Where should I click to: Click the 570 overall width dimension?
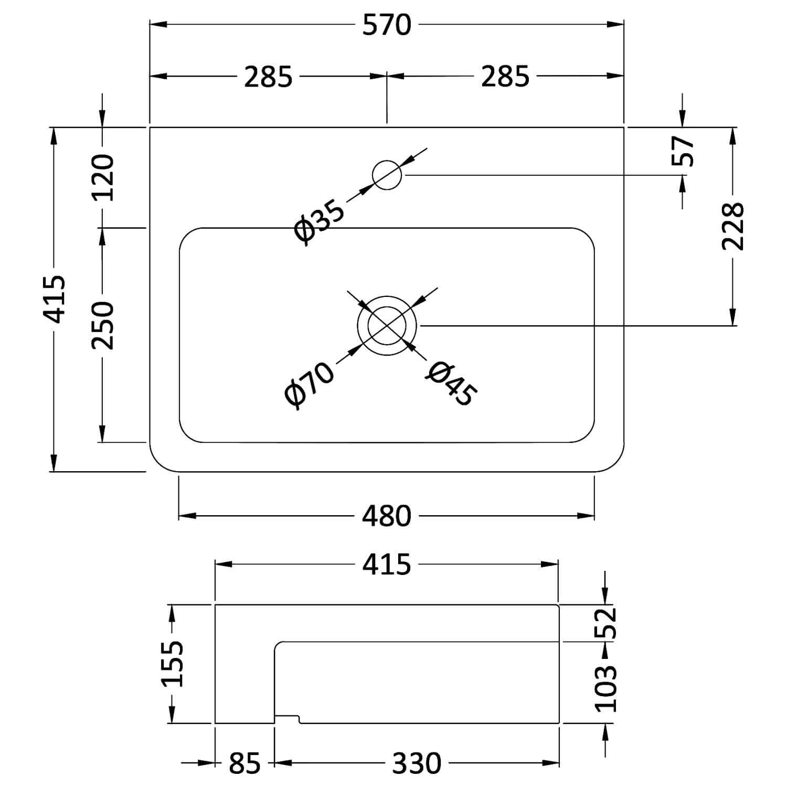(x=387, y=25)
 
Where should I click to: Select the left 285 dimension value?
(x=268, y=77)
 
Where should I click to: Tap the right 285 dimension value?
(x=505, y=77)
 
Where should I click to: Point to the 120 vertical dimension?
(x=103, y=177)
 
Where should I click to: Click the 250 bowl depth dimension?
(x=103, y=325)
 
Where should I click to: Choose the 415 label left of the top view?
(x=55, y=299)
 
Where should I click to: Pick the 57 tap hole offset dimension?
(x=683, y=151)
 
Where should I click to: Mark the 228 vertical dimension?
(x=733, y=226)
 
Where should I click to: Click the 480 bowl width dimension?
(x=387, y=516)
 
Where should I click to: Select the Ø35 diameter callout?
(x=320, y=222)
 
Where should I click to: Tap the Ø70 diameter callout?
(x=309, y=385)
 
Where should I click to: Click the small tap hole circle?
(x=387, y=175)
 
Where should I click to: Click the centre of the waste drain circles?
(x=387, y=325)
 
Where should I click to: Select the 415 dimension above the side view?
(x=387, y=565)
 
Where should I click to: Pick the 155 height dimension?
(x=172, y=663)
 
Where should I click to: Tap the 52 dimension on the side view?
(x=605, y=623)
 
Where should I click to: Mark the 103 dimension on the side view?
(x=605, y=688)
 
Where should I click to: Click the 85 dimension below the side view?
(x=244, y=763)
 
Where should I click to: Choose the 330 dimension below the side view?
(x=417, y=763)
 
